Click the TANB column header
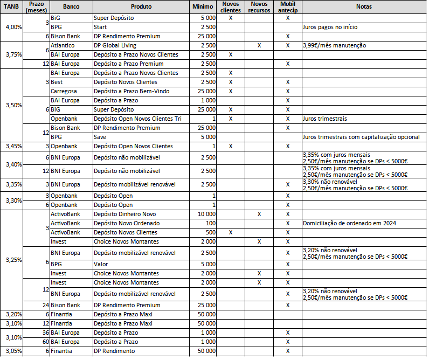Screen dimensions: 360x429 pyautogui.click(x=11, y=7)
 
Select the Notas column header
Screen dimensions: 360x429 pyautogui.click(x=364, y=7)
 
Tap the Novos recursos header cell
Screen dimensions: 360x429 pyautogui.click(x=259, y=7)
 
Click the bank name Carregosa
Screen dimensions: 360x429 pyautogui.click(x=63, y=91)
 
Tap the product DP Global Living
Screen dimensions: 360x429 pyautogui.click(x=115, y=45)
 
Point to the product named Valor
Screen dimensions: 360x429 pyautogui.click(x=101, y=264)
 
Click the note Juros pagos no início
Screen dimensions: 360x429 pyautogui.click(x=330, y=27)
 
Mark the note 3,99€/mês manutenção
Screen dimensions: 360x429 pyautogui.click(x=335, y=45)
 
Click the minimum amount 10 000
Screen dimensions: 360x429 pyautogui.click(x=206, y=214)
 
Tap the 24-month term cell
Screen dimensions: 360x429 pyautogui.click(x=46, y=305)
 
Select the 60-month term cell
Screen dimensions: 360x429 pyautogui.click(x=46, y=342)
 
